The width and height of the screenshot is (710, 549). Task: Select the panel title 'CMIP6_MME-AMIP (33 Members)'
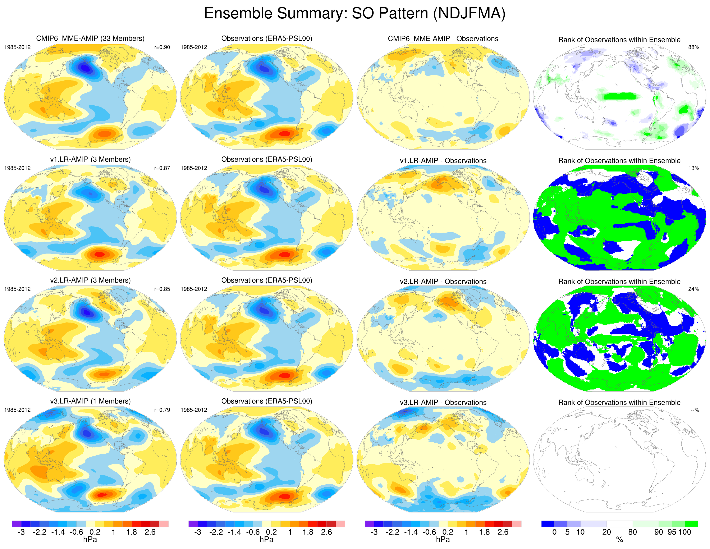pyautogui.click(x=90, y=38)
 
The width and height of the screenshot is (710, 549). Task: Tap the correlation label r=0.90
pyautogui.click(x=162, y=47)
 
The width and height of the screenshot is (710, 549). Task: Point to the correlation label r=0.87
pyautogui.click(x=162, y=168)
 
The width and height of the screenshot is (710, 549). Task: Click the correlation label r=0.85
pyautogui.click(x=162, y=289)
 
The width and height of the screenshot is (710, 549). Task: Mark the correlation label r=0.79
pyautogui.click(x=162, y=410)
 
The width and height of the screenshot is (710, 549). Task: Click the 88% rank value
pyautogui.click(x=693, y=47)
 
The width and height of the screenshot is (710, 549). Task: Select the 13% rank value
pyautogui.click(x=693, y=168)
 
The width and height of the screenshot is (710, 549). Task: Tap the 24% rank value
pyautogui.click(x=693, y=289)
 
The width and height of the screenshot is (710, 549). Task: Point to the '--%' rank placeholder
pyautogui.click(x=695, y=410)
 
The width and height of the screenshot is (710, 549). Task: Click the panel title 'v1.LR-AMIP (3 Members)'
pyautogui.click(x=90, y=159)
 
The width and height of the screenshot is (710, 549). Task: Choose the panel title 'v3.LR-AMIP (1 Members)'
pyautogui.click(x=90, y=401)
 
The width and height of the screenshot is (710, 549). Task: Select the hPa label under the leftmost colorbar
pyautogui.click(x=90, y=540)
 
